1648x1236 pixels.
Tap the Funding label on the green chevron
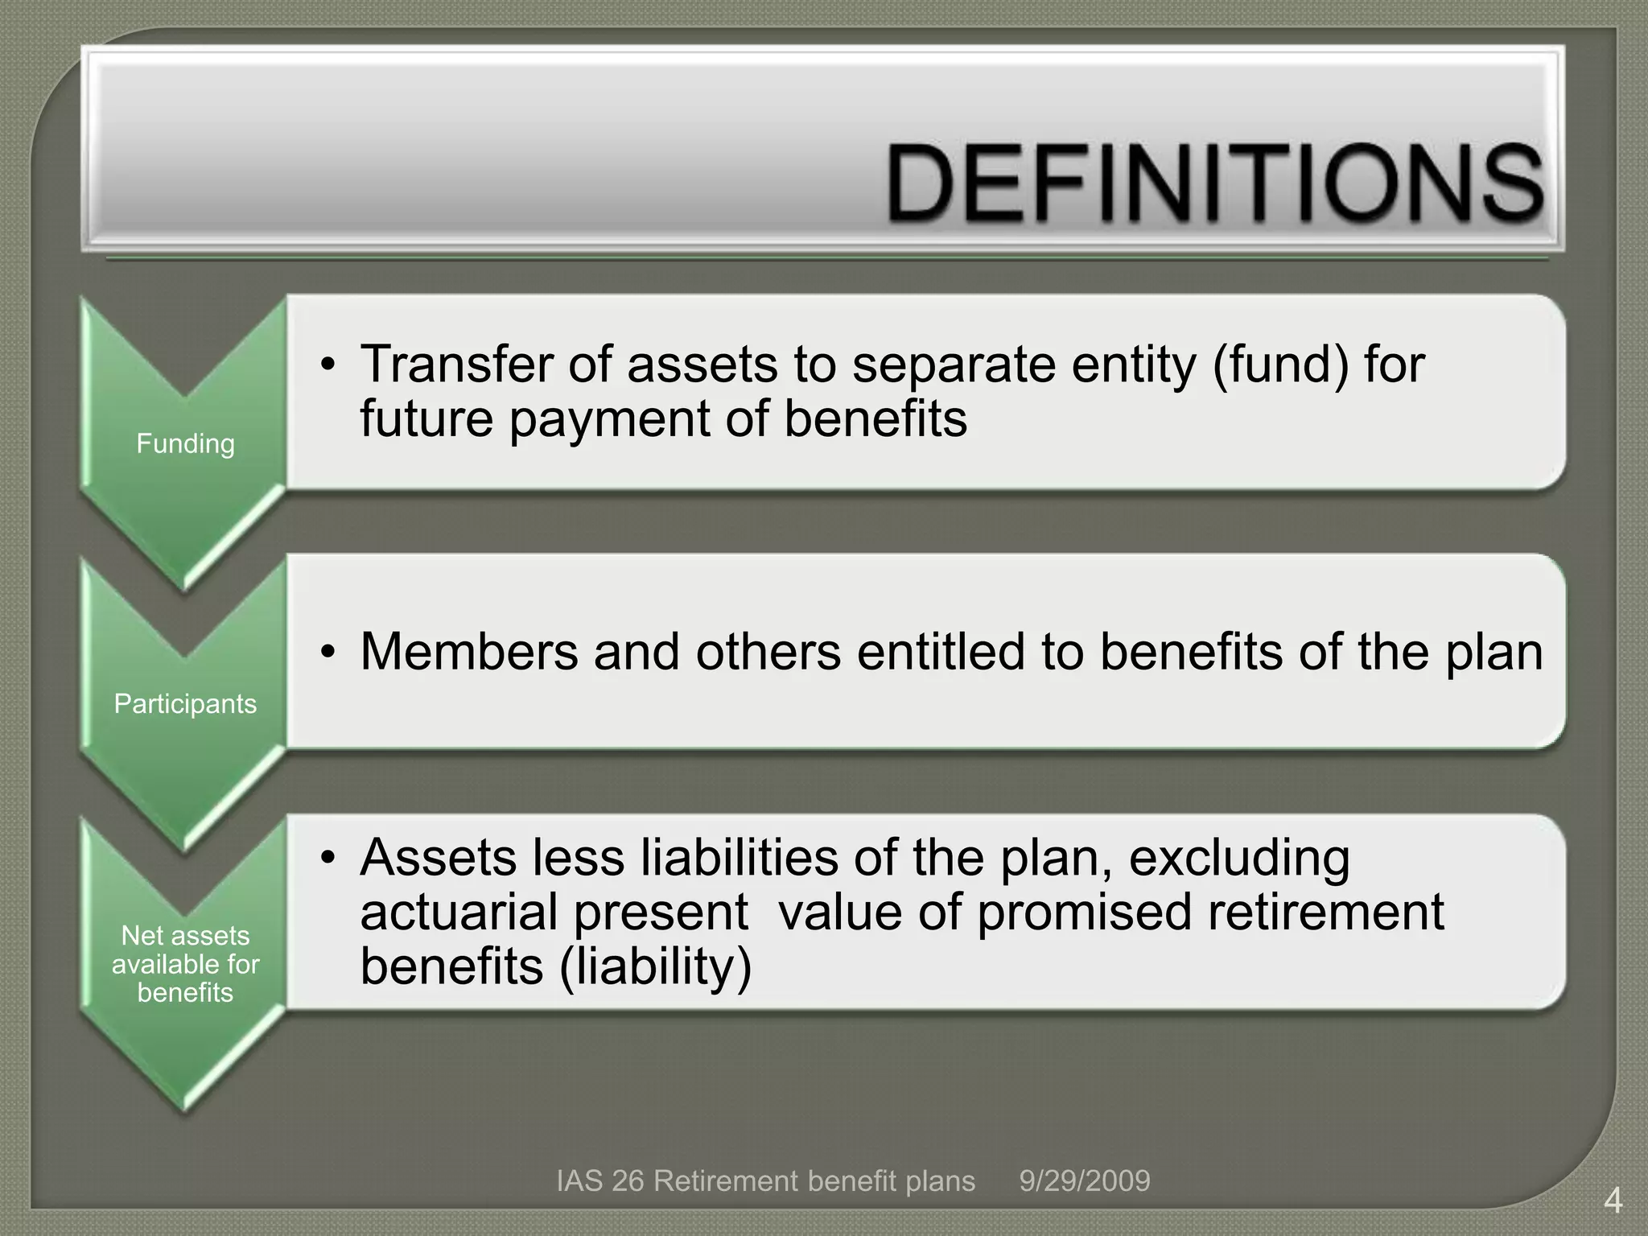point(185,443)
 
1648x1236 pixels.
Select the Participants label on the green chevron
point(185,704)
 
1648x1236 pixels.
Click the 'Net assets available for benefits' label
point(185,964)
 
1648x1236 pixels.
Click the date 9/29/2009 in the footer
point(1085,1181)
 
